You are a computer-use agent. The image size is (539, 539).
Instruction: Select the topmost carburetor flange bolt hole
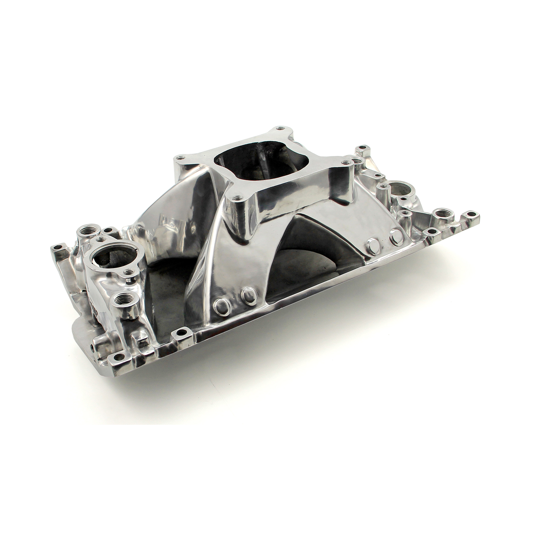(279, 128)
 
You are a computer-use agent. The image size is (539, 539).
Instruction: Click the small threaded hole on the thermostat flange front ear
(128, 271)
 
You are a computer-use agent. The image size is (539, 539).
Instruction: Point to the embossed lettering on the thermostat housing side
(94, 298)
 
